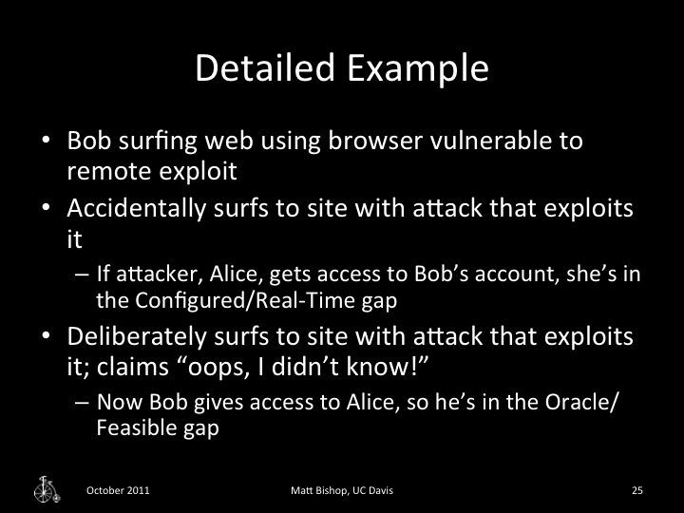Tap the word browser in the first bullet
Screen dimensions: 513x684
tap(324, 142)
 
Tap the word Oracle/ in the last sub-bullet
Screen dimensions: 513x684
tap(590, 403)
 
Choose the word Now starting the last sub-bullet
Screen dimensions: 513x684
tap(115, 403)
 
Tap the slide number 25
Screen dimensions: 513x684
tap(636, 491)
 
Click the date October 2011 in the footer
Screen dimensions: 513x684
tap(117, 491)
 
